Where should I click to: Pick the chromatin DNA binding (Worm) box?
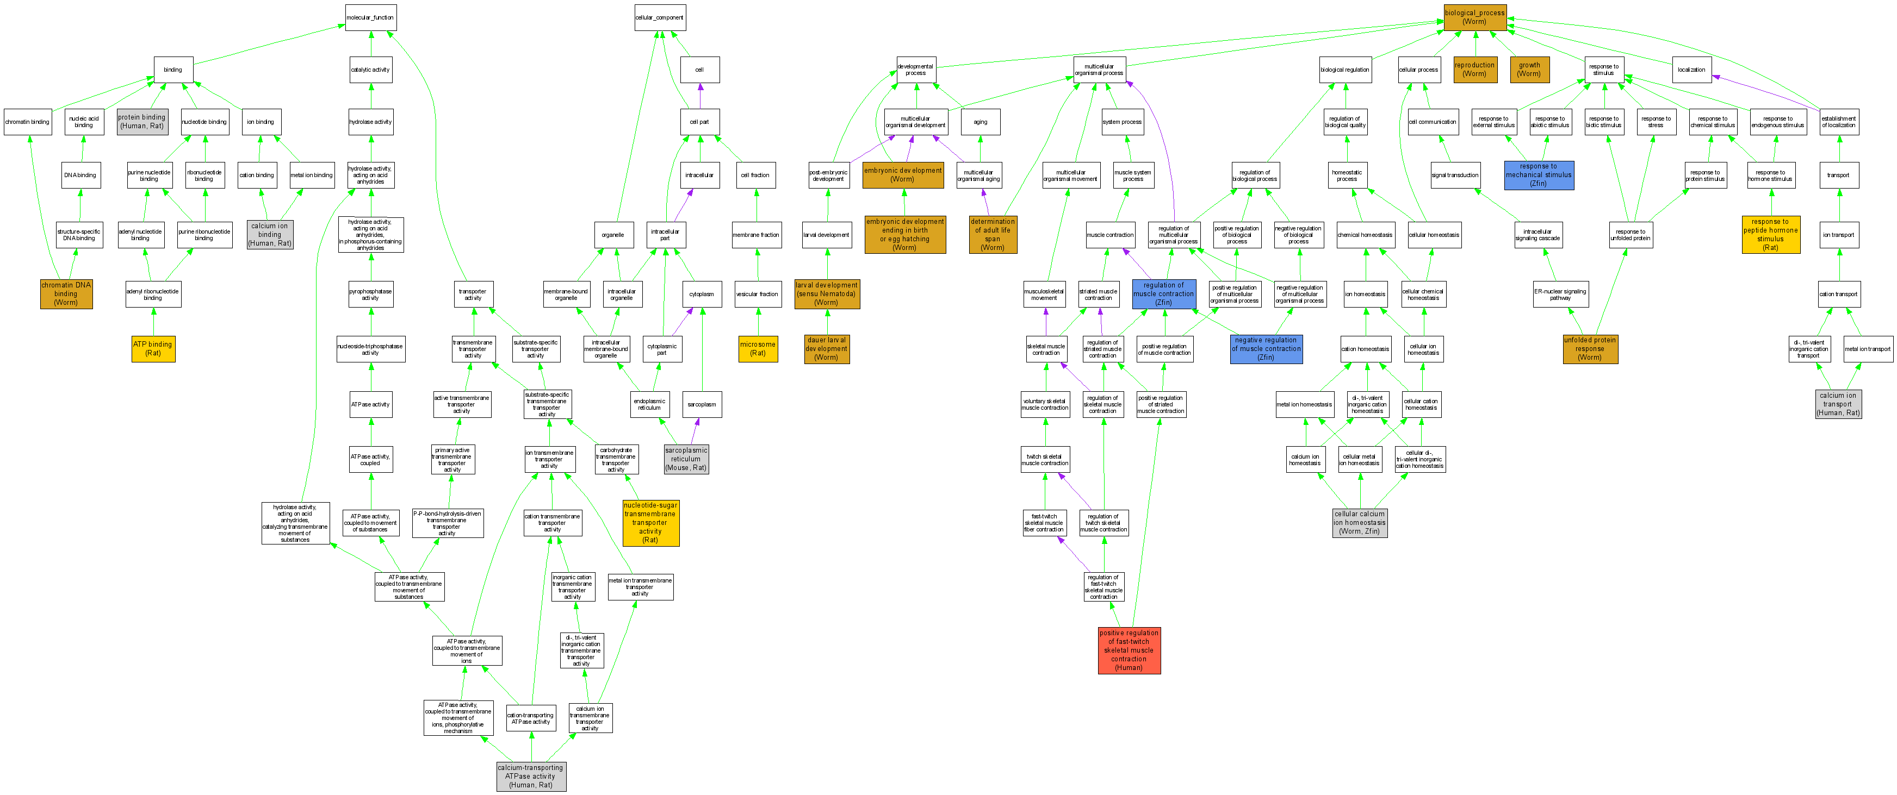click(66, 293)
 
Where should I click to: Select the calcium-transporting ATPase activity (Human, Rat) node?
click(531, 777)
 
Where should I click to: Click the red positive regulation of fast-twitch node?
click(1129, 650)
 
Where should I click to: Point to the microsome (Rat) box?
click(758, 349)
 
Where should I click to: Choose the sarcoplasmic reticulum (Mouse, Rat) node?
click(686, 459)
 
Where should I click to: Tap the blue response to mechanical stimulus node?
click(1539, 175)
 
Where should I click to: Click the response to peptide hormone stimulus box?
click(1770, 235)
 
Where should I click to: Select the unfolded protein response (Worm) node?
click(1590, 349)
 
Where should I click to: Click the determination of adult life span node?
click(993, 235)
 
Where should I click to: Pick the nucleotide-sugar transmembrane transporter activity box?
click(650, 523)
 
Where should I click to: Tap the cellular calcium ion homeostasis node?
click(1360, 523)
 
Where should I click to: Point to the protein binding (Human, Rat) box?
click(142, 122)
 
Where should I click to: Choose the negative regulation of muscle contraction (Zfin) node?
click(1266, 349)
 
